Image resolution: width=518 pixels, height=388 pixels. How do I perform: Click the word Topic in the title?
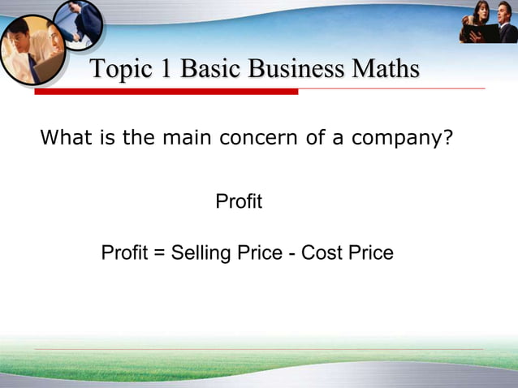(121, 70)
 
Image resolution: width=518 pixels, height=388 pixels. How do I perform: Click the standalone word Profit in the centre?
(239, 201)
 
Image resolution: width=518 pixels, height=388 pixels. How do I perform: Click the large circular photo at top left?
(31, 49)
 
